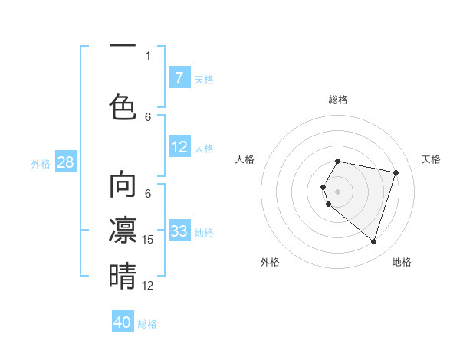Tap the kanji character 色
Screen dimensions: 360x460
(123, 106)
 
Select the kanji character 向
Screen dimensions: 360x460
(123, 185)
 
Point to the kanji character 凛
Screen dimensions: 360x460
(123, 230)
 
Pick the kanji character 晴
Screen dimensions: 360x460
(123, 276)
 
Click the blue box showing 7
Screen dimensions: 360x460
(179, 78)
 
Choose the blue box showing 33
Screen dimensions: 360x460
(179, 231)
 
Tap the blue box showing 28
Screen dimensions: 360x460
(66, 162)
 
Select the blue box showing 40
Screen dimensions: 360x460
(123, 322)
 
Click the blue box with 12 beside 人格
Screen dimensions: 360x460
(179, 147)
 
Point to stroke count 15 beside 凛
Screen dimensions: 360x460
(149, 240)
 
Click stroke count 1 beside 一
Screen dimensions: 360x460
(148, 55)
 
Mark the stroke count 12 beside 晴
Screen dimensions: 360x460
(149, 286)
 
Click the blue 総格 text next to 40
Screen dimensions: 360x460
(147, 324)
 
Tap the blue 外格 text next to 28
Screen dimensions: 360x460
(41, 163)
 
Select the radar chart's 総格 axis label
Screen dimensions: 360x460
(338, 100)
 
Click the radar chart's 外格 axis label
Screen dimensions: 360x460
(270, 262)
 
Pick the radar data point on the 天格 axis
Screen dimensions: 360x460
(396, 173)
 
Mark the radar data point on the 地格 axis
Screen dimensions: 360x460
(373, 241)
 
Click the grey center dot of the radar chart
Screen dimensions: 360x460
(338, 191)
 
